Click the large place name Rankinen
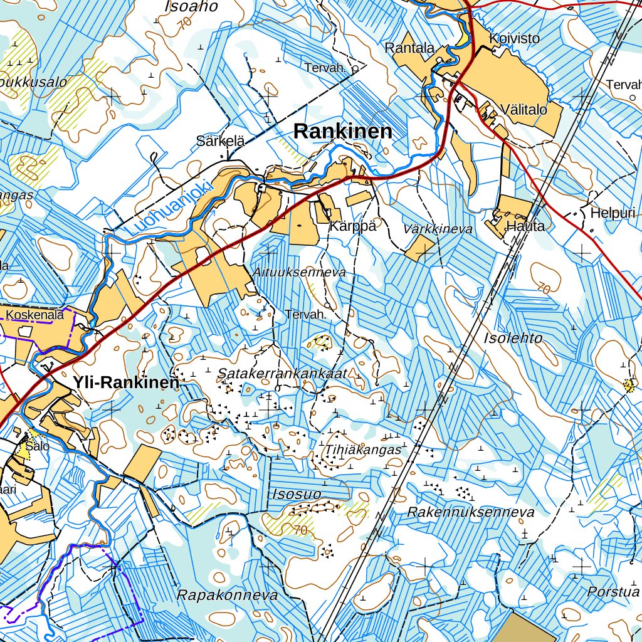[x=343, y=132]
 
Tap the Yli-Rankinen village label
[x=126, y=382]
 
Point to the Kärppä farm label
[x=353, y=226]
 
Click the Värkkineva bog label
[x=438, y=229]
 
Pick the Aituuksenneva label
[x=300, y=273]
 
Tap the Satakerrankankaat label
[x=282, y=373]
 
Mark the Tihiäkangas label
[x=363, y=450]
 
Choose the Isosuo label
[x=297, y=494]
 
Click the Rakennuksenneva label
[x=471, y=512]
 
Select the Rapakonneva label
[x=227, y=596]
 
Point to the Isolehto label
[x=513, y=338]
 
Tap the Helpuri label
[x=613, y=214]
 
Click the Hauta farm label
[x=525, y=226]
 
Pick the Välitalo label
[x=524, y=110]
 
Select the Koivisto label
[x=514, y=39]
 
